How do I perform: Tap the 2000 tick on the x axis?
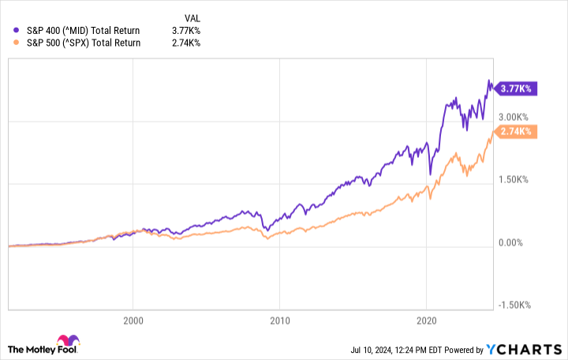(133, 321)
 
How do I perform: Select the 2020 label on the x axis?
(426, 321)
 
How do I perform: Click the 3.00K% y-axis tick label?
(516, 117)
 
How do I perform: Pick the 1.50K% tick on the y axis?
(516, 179)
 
